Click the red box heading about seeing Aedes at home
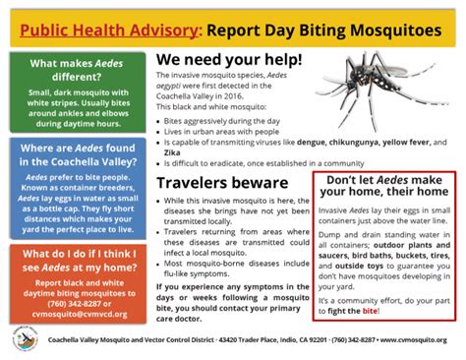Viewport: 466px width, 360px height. [x=76, y=260]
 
